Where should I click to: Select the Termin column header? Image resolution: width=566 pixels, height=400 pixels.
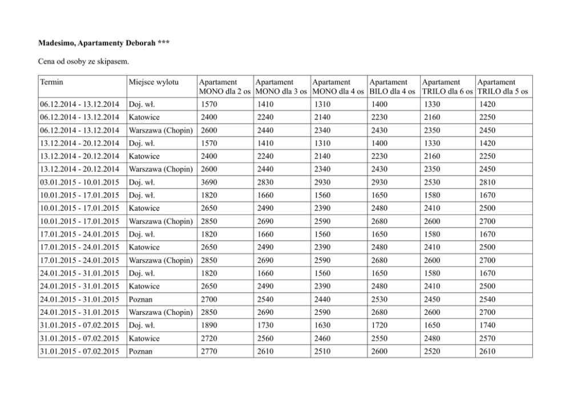pyautogui.click(x=52, y=83)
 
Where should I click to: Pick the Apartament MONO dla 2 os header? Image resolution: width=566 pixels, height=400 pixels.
pyautogui.click(x=224, y=87)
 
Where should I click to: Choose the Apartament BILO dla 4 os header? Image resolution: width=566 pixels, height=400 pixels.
pyautogui.click(x=393, y=87)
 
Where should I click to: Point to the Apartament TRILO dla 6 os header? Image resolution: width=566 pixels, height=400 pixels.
pyautogui.click(x=447, y=87)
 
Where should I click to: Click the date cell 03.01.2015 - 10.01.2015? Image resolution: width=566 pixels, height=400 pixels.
pyautogui.click(x=79, y=182)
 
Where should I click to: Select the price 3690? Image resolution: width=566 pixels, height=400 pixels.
pyautogui.click(x=209, y=182)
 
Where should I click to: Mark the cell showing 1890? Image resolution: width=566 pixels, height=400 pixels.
pyautogui.click(x=209, y=325)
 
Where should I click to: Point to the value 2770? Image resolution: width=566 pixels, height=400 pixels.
pyautogui.click(x=209, y=351)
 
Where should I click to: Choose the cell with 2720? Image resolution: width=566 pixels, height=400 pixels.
pyautogui.click(x=209, y=338)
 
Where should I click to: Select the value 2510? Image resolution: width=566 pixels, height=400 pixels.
pyautogui.click(x=324, y=351)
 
